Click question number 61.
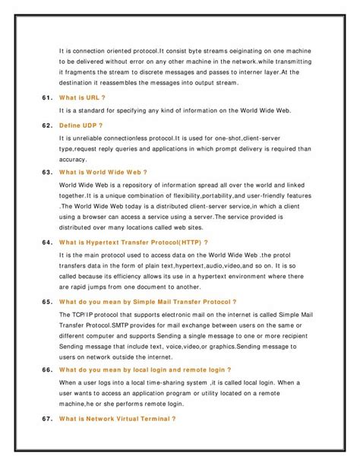tap(43, 98)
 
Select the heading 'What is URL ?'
tap(81, 98)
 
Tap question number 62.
tap(43, 124)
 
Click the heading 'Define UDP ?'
tap(81, 124)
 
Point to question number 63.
tap(43, 172)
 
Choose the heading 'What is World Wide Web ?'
tap(103, 172)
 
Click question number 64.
tap(43, 242)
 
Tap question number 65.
tap(43, 301)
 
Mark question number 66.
tap(43, 370)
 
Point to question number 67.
tap(43, 418)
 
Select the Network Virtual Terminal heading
tap(117, 418)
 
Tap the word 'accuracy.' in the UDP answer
tap(74, 160)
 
